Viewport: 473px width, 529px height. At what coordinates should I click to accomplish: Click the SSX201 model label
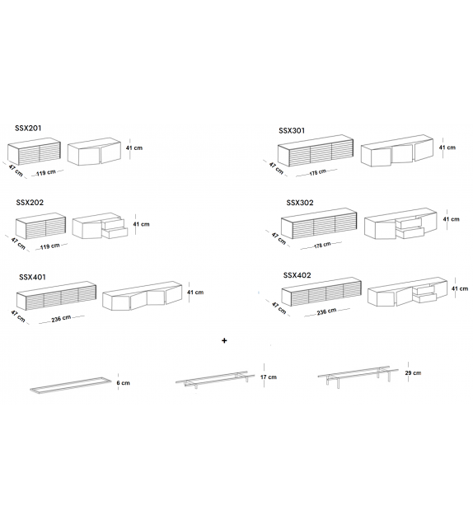pyautogui.click(x=28, y=129)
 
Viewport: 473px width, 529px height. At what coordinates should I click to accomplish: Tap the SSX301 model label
pyautogui.click(x=292, y=130)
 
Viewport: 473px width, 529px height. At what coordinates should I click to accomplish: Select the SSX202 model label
pyautogui.click(x=30, y=203)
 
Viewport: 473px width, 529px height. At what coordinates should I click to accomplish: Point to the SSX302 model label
pyautogui.click(x=300, y=203)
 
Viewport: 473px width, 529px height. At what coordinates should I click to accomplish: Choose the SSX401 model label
pyautogui.click(x=32, y=277)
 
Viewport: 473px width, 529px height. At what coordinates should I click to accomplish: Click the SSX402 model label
pyautogui.click(x=297, y=275)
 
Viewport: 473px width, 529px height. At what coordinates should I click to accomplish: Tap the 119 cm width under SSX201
pyautogui.click(x=46, y=172)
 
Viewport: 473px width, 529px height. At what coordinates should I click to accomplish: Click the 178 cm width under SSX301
pyautogui.click(x=318, y=172)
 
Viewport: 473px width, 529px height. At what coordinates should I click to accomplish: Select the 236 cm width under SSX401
pyautogui.click(x=61, y=318)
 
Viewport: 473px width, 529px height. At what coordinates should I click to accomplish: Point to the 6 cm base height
pyautogui.click(x=123, y=383)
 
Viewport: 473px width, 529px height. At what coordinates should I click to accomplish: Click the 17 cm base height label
pyautogui.click(x=269, y=377)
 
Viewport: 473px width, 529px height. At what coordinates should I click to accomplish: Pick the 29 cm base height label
pyautogui.click(x=413, y=372)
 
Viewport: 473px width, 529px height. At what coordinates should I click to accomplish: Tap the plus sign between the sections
pyautogui.click(x=224, y=340)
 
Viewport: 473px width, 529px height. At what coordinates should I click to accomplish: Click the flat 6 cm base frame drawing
pyautogui.click(x=71, y=386)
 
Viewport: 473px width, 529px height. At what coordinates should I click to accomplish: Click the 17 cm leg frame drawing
pyautogui.click(x=215, y=379)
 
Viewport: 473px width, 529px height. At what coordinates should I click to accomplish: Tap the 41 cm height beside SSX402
pyautogui.click(x=460, y=288)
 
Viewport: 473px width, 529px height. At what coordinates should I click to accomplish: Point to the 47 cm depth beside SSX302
pyautogui.click(x=279, y=238)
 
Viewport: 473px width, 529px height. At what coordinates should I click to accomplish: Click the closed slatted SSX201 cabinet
pyautogui.click(x=34, y=152)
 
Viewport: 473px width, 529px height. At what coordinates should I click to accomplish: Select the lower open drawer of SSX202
pyautogui.click(x=115, y=233)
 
